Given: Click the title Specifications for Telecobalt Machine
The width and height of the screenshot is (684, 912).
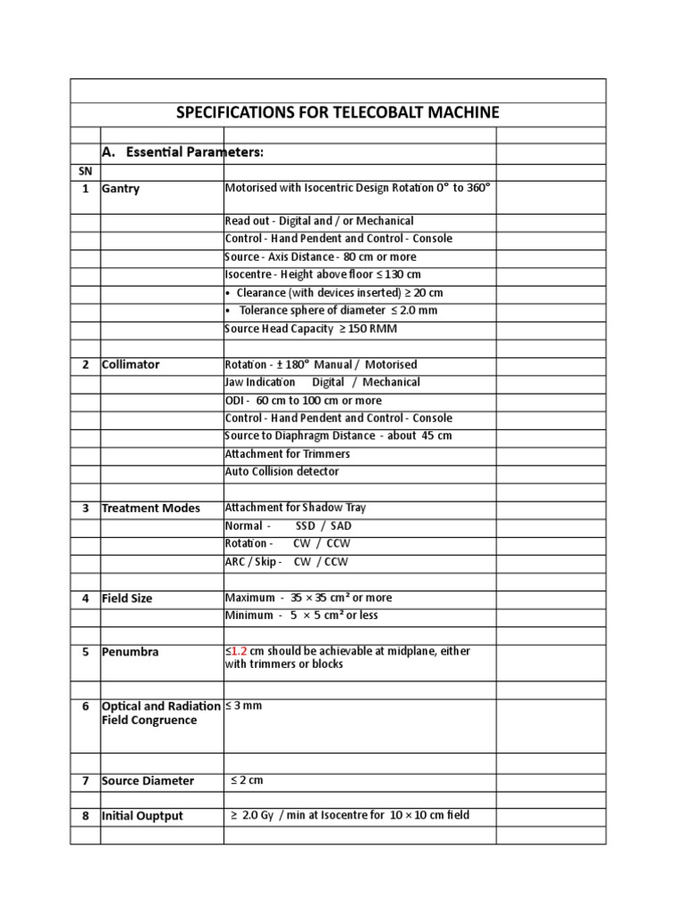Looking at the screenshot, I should point(338,113).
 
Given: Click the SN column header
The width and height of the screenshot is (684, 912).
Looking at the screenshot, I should point(85,170).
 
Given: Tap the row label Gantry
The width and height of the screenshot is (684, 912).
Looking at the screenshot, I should point(121,189).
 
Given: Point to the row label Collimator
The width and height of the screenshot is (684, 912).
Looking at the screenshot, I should point(132,364).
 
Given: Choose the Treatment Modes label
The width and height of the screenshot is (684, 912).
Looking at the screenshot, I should point(151,509).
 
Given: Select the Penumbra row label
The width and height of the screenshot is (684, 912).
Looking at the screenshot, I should point(131,652).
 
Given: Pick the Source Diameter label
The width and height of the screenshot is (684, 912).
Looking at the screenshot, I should point(148,781).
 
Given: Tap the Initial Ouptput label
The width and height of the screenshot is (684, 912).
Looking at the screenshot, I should point(142,816).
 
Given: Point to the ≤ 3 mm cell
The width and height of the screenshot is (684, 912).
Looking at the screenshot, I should point(244,705).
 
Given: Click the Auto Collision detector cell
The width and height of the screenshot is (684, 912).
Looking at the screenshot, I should point(282,471).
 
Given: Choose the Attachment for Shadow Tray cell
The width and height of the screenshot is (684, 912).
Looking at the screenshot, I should point(296,507).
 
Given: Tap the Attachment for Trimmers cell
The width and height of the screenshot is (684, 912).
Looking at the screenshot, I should point(288,453).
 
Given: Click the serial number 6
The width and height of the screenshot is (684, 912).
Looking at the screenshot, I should point(85,706).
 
